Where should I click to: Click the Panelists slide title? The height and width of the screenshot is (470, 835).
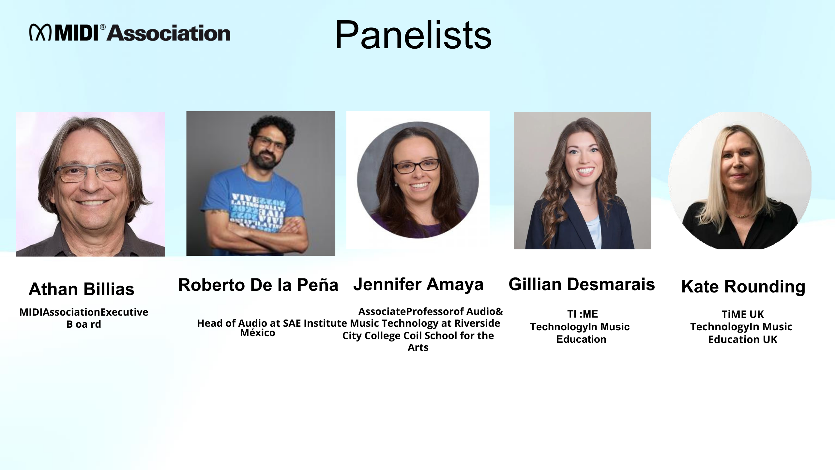pos(413,35)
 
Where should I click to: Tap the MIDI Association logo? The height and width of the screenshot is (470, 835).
pos(130,33)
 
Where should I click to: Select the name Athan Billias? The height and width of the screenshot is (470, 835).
pos(82,289)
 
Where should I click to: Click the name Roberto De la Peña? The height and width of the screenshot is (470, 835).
pos(258,285)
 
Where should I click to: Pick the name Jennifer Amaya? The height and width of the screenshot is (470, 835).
pos(418,284)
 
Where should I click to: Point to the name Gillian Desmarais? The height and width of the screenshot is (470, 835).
pos(582,284)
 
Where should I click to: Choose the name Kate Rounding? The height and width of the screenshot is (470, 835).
pos(743,287)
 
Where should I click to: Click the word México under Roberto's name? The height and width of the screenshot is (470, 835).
pos(258,333)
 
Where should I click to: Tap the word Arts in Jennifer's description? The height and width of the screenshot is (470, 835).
pos(418,347)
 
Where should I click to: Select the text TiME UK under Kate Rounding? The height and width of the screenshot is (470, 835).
pos(743,314)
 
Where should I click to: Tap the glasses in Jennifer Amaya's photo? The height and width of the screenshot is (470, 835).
pos(416,166)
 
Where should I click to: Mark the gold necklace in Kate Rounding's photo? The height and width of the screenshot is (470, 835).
pos(742,215)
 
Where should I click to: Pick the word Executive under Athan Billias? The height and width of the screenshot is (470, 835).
pos(124,312)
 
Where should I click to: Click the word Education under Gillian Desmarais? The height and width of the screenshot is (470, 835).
pos(581,339)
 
